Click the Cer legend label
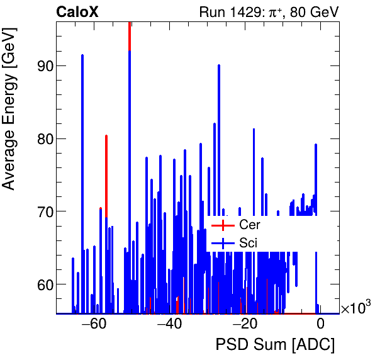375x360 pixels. [x=249, y=225]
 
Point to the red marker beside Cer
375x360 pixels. [x=222, y=225]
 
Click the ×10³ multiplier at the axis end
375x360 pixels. [x=355, y=308]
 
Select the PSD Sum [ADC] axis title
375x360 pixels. [x=275, y=346]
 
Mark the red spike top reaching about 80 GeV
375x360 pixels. [x=106, y=136]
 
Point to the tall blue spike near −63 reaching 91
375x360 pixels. [x=82, y=56]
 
